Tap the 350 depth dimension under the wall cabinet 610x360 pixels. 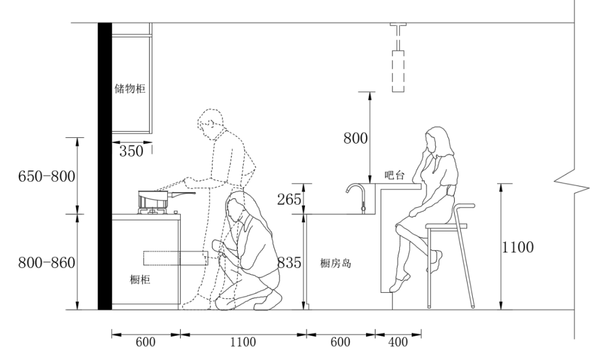[x=131, y=151]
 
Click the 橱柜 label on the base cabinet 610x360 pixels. [x=140, y=279]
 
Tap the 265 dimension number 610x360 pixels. [x=290, y=198]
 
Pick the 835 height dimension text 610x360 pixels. [x=290, y=263]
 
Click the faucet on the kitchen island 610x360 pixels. [x=358, y=195]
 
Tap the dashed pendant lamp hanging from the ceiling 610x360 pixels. [x=398, y=70]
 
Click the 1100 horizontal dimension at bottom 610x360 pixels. [x=243, y=342]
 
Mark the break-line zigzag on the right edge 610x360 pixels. [x=565, y=182]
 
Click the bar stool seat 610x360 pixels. [x=446, y=225]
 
